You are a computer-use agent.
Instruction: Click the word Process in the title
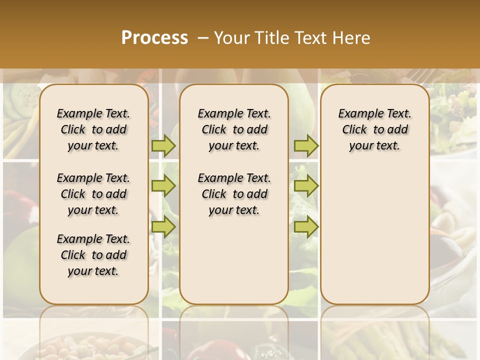tap(154, 38)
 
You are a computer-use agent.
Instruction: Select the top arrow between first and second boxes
tap(163, 145)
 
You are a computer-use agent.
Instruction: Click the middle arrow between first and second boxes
tap(163, 186)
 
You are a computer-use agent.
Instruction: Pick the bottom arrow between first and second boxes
tap(163, 226)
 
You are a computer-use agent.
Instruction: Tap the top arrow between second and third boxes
tap(306, 145)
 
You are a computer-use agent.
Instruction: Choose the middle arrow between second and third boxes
tap(306, 186)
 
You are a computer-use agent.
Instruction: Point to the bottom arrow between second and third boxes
tap(306, 226)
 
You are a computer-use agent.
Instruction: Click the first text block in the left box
tap(93, 129)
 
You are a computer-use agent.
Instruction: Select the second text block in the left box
tap(93, 194)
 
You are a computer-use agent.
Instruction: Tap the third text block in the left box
tap(93, 255)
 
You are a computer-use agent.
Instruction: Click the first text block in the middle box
tap(234, 129)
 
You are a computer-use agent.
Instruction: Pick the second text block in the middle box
tap(234, 194)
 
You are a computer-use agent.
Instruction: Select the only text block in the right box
tap(374, 129)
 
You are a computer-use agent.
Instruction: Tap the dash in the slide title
tap(203, 38)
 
